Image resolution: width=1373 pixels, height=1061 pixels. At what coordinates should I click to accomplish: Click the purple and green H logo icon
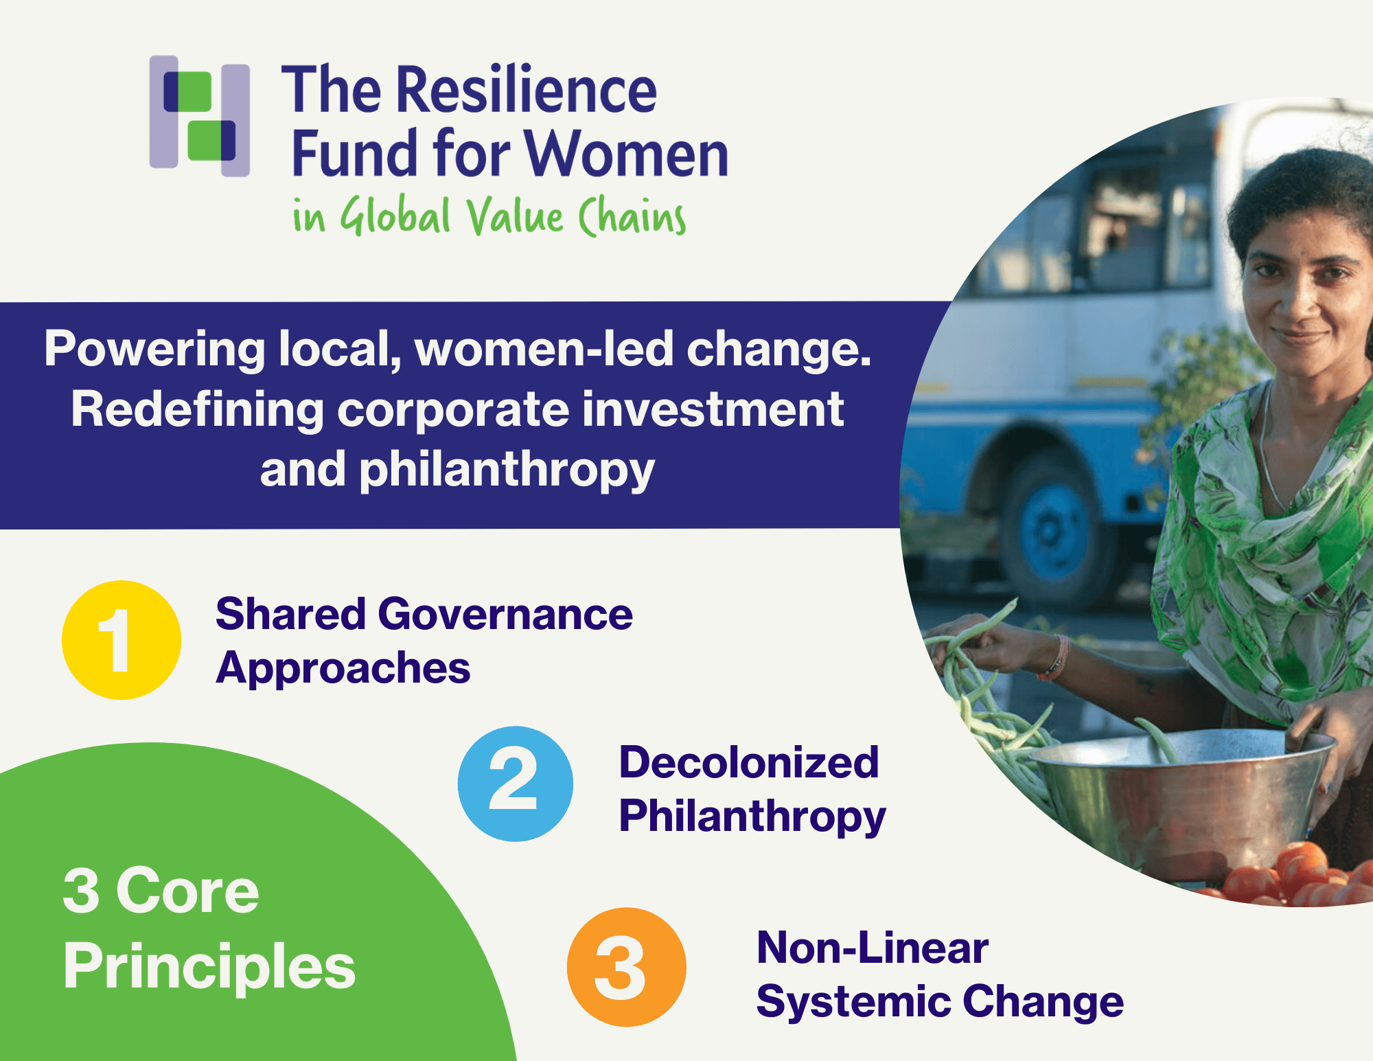(x=200, y=115)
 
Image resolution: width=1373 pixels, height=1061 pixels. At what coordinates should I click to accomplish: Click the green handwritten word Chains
(x=632, y=216)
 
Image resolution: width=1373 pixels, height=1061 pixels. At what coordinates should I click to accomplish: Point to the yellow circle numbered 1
(x=122, y=640)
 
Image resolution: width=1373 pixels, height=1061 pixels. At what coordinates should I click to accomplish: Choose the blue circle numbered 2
(x=516, y=784)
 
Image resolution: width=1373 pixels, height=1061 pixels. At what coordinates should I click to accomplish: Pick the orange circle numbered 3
(x=626, y=967)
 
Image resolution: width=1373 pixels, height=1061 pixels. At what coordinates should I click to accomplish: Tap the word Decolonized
(x=749, y=762)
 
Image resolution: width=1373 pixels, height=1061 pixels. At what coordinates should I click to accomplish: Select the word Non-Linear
(x=873, y=948)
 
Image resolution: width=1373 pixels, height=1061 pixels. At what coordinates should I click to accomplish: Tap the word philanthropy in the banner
(x=507, y=472)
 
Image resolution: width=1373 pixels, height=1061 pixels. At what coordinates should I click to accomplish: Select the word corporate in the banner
(x=454, y=410)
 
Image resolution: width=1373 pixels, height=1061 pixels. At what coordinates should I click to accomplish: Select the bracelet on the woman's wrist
(x=1054, y=658)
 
